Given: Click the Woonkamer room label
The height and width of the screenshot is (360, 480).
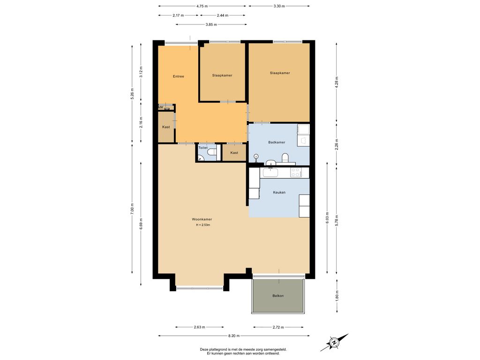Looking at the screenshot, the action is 202,219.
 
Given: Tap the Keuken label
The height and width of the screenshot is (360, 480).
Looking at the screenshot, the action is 279,192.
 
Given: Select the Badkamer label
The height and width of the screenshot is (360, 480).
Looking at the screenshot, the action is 277,142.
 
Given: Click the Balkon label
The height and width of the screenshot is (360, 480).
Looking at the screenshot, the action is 278,296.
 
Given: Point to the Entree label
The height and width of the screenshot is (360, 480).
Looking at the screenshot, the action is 179,76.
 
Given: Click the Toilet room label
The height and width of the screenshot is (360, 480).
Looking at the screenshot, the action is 203,148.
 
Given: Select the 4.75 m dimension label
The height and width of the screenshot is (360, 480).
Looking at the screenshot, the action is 202,6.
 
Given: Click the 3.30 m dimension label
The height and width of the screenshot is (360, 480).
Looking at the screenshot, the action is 279,6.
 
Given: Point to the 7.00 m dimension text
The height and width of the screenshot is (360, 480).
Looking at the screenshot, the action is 132,209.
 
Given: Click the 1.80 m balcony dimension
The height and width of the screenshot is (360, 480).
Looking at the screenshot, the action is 337,296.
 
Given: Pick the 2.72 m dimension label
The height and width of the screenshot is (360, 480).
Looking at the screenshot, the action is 278,327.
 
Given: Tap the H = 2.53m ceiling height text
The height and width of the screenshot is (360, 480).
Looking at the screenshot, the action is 203,225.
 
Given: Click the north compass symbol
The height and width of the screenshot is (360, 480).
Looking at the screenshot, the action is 334,342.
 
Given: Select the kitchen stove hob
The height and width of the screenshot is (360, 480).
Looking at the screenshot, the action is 296,172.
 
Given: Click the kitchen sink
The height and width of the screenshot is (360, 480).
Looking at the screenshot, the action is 270,172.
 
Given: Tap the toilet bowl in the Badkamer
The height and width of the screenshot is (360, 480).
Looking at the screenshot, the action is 285,157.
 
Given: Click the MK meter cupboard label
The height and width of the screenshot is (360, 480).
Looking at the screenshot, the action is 161,107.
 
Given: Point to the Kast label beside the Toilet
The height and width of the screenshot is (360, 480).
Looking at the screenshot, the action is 234,153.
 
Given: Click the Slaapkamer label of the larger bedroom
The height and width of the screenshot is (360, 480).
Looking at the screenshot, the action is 280,73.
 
